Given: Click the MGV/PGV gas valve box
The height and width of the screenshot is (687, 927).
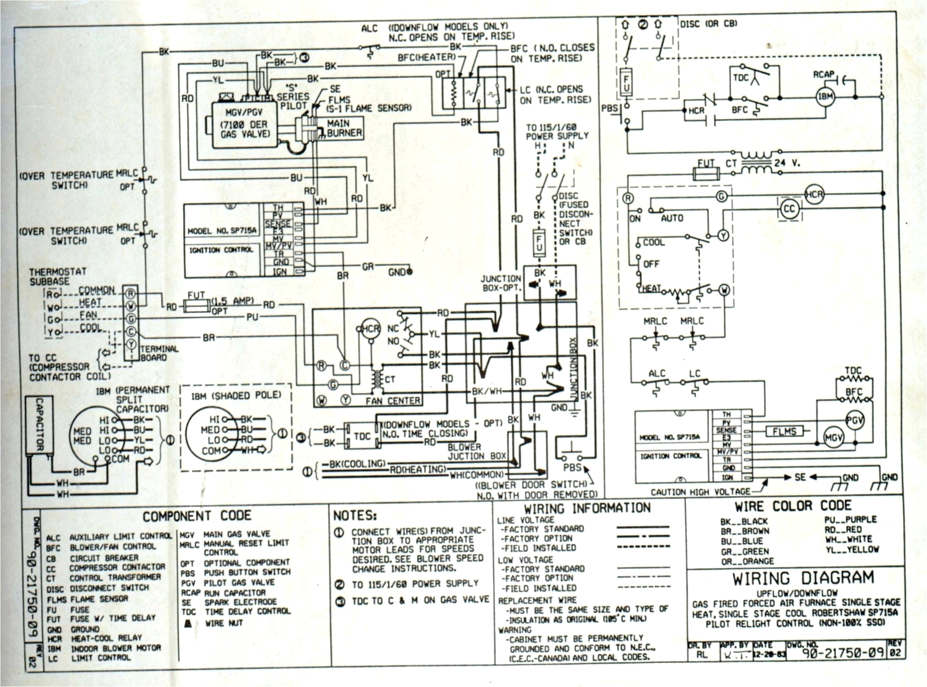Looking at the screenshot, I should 244,124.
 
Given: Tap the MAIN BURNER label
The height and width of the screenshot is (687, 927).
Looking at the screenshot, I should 344,128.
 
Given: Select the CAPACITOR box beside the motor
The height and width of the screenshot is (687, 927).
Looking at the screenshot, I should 39,425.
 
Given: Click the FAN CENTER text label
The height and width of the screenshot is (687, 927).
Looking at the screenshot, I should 392,401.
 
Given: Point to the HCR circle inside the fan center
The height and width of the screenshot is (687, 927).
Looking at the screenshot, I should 370,329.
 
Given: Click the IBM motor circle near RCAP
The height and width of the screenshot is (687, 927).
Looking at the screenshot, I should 825,97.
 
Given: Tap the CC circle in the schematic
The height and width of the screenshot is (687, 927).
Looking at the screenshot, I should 789,209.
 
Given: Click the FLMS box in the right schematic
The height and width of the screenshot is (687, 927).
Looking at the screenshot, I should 784,431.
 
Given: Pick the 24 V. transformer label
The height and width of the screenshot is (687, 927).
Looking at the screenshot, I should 787,164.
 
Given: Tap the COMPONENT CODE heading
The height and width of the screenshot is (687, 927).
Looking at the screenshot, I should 197,516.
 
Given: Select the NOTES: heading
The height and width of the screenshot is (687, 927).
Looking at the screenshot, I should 355,516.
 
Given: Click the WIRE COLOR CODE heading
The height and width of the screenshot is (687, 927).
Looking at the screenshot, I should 793,506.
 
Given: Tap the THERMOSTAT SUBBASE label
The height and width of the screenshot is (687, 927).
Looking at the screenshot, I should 57,276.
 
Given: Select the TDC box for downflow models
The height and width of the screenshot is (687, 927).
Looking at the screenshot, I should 362,436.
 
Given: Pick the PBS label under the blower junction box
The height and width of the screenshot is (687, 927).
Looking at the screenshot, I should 572,468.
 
